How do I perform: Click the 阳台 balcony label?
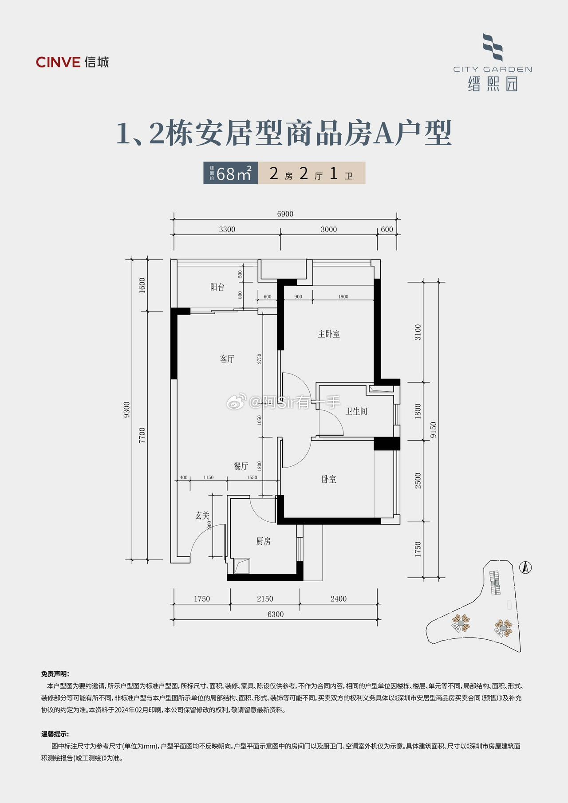pos(217,287)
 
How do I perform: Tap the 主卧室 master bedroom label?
pos(329,334)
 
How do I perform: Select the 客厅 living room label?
pos(227,358)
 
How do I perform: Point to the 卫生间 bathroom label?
pos(356,411)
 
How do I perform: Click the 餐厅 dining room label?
pos(241,466)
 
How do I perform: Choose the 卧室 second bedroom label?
pos(329,479)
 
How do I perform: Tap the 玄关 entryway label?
pos(202,516)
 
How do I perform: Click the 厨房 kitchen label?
pos(263,541)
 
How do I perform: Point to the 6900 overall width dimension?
pos(285,214)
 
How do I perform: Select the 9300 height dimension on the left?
pos(127,409)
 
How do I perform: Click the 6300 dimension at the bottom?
pos(276,614)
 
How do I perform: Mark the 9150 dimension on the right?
pos(434,429)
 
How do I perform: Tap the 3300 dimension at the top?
pos(227,229)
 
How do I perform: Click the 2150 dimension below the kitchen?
pos(265,598)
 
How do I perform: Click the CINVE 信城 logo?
pos(72,62)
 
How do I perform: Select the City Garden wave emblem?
pos(493,47)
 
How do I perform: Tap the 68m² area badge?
pos(231,173)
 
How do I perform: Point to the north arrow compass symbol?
pos(525,567)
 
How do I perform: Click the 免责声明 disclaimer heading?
pos(55,673)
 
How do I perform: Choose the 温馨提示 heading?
pos(55,734)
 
